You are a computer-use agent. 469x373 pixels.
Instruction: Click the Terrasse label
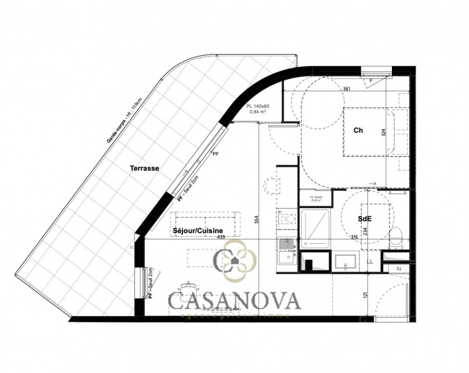click(144, 168)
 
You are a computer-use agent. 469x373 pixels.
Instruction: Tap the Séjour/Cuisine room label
click(198, 231)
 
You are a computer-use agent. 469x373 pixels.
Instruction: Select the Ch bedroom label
click(359, 130)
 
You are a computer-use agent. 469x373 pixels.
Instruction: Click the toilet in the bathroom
click(396, 237)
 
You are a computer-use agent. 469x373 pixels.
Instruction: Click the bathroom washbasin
click(346, 262)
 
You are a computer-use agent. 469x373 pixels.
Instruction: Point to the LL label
click(370, 261)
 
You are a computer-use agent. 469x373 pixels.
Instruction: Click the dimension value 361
click(347, 89)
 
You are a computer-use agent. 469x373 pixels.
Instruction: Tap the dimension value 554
click(256, 220)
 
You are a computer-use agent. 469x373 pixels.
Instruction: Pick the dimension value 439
click(221, 238)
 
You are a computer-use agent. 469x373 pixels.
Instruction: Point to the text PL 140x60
click(258, 107)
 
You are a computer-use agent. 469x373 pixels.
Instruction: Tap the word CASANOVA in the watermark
click(234, 300)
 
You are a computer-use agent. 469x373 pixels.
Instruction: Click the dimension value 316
click(354, 237)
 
